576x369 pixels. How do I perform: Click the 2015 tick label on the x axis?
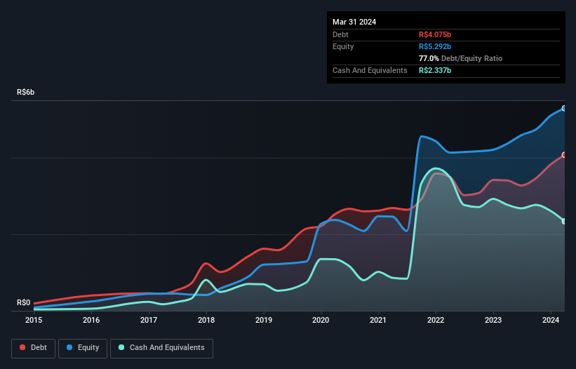34,320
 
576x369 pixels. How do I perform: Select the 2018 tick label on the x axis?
206,320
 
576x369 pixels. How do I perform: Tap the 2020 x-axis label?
321,320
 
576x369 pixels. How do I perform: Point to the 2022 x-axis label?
436,320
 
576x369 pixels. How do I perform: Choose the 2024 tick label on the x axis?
551,320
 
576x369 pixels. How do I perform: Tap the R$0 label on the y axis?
24,303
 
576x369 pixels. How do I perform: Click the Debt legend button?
33,347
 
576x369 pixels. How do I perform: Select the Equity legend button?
83,347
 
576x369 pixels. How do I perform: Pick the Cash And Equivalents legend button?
161,347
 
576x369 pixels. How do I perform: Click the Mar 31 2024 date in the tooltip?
354,22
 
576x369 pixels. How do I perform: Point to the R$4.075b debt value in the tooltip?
435,34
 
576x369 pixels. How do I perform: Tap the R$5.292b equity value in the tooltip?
435,46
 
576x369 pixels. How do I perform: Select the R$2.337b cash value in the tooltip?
435,70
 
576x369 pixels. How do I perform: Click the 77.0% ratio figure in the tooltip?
429,58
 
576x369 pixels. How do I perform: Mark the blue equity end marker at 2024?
563,109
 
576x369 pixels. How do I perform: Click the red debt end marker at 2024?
563,155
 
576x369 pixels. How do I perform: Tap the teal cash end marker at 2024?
563,222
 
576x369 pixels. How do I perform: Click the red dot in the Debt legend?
22,348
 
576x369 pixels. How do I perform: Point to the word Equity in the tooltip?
344,46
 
